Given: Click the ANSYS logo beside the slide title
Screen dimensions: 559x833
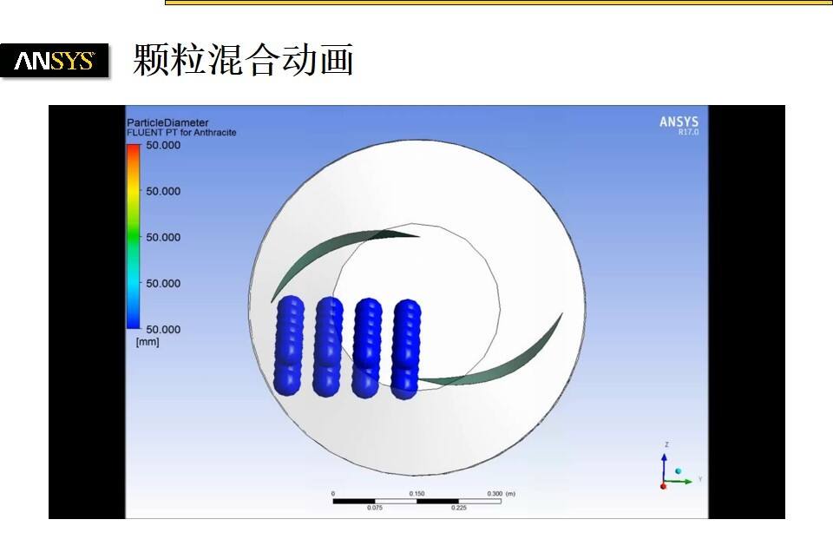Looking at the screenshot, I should click(55, 61).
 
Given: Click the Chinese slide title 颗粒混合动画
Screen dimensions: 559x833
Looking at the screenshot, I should click(243, 61).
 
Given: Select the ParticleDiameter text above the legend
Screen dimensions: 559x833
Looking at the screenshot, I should click(167, 122).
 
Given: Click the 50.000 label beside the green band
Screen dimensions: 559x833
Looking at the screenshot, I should click(163, 237).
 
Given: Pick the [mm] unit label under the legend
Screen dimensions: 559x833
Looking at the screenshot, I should click(148, 342).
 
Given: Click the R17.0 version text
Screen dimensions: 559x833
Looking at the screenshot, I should click(687, 132).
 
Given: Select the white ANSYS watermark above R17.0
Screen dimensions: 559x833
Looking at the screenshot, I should click(679, 122).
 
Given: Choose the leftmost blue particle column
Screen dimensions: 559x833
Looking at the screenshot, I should click(289, 345).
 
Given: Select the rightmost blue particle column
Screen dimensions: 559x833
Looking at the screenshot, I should click(406, 347).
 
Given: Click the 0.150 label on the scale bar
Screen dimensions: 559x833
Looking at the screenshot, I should click(416, 493).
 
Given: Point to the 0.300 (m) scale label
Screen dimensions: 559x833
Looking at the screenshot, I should click(500, 493).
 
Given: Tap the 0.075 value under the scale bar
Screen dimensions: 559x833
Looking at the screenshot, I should click(375, 508).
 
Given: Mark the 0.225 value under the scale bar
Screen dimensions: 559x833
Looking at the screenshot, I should click(458, 508).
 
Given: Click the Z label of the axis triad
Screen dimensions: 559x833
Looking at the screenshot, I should click(666, 444).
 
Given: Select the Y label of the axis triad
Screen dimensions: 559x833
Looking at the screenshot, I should click(699, 479).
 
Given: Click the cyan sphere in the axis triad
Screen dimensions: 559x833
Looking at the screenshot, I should click(679, 470).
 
